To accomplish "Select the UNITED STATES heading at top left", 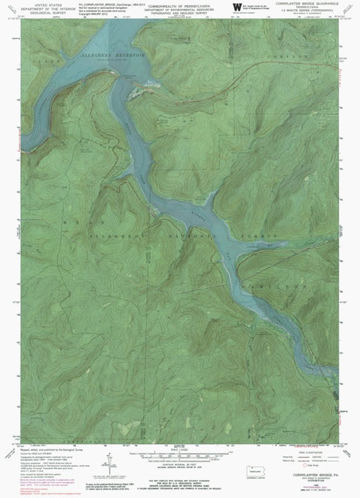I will pyautogui.click(x=32, y=4).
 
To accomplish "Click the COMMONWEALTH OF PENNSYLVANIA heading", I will pyautogui.click(x=180, y=4).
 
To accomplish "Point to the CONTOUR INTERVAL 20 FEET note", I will pyautogui.click(x=181, y=463).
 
